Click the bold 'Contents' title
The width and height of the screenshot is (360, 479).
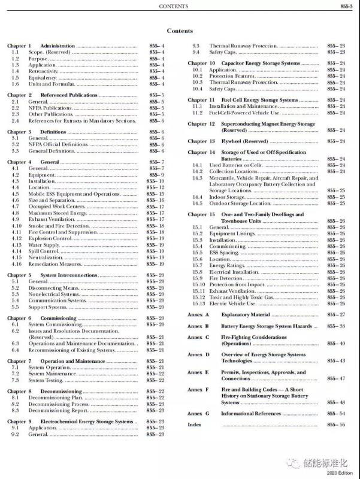[180, 31]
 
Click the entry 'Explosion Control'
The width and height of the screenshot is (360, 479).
[51, 238]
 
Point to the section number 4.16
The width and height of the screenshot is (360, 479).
[16, 264]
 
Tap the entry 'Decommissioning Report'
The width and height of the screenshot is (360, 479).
[58, 410]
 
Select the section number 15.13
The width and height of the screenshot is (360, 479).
[198, 304]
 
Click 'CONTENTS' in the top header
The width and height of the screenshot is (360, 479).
[174, 7]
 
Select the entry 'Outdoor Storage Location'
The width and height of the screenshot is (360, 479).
[240, 203]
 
